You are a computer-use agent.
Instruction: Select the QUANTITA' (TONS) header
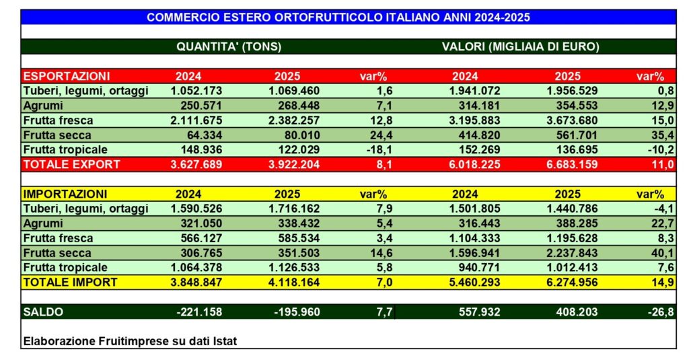[x=228, y=47]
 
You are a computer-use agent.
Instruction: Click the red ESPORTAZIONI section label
[x=67, y=76]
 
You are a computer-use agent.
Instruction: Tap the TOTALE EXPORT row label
[x=71, y=164]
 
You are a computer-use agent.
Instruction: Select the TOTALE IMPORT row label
[x=70, y=282]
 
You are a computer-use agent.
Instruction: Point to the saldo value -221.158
[x=196, y=312]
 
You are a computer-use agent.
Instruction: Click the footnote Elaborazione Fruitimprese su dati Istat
[x=130, y=341]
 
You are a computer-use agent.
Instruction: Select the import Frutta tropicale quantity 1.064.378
[x=192, y=267]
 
